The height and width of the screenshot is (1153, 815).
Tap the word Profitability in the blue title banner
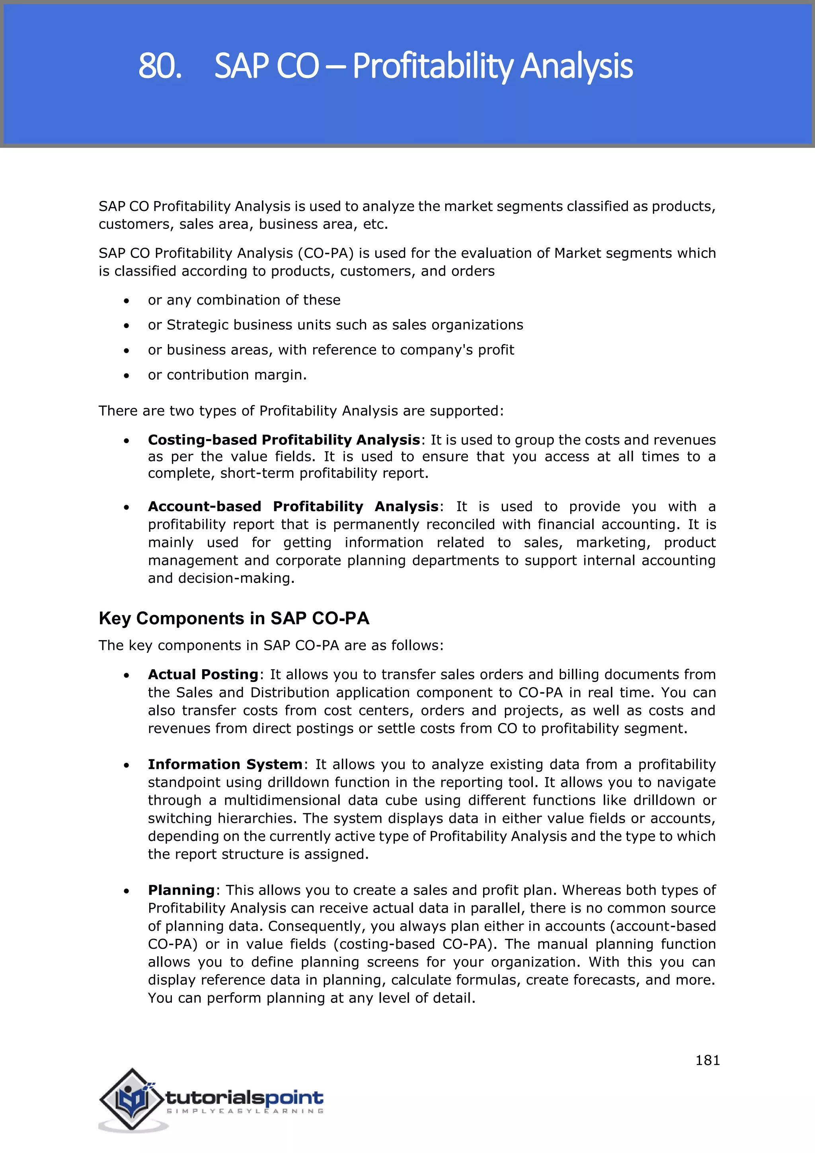click(x=433, y=66)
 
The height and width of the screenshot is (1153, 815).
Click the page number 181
click(x=707, y=1060)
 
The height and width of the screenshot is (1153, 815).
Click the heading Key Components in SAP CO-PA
click(x=234, y=618)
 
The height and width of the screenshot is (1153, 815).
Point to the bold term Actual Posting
click(x=203, y=674)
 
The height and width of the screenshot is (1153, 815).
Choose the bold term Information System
click(x=225, y=764)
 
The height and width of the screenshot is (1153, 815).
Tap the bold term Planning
click(x=181, y=890)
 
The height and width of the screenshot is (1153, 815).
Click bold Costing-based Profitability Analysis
click(x=284, y=440)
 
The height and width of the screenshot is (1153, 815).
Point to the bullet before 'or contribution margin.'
click(x=127, y=375)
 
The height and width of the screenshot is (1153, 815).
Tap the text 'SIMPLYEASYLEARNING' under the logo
click(x=245, y=1111)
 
